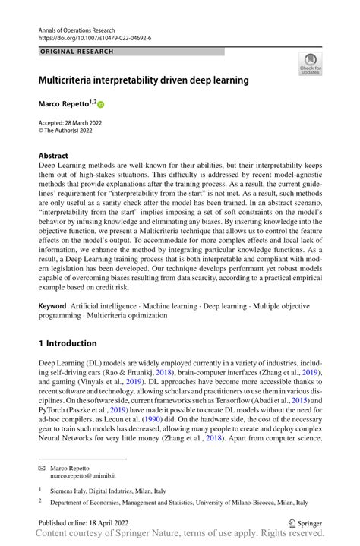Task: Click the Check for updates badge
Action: (310, 66)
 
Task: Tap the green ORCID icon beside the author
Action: (99, 103)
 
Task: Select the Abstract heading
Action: (54, 155)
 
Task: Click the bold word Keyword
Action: (55, 305)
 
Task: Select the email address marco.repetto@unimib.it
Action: (90, 476)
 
